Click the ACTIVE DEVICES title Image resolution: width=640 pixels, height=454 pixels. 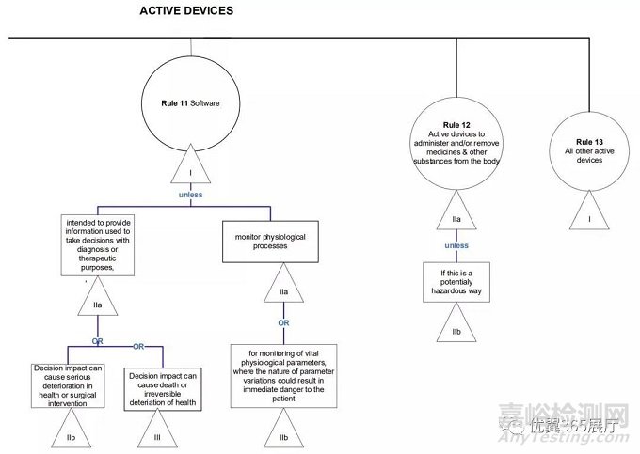point(186,11)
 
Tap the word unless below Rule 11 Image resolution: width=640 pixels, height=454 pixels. point(191,195)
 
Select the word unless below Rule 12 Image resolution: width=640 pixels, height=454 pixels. point(456,245)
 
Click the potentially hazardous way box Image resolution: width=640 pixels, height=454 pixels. point(456,283)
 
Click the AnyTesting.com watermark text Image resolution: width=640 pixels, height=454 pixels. point(592,442)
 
